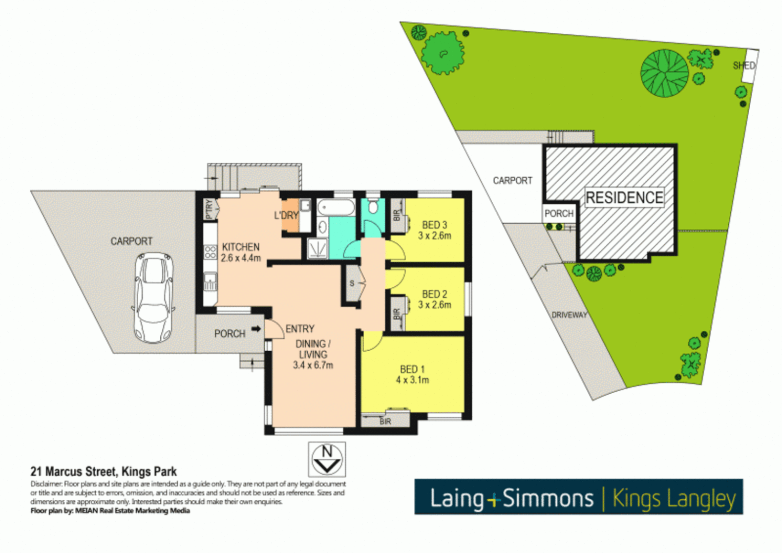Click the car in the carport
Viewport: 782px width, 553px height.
[154, 297]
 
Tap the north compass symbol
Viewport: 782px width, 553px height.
[327, 459]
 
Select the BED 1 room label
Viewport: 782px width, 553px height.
[412, 369]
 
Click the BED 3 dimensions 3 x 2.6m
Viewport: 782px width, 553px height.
[435, 236]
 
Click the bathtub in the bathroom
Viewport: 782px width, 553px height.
[336, 208]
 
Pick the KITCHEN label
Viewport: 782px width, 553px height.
[240, 247]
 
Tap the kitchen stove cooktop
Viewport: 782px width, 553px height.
[210, 251]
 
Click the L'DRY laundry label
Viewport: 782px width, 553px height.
[286, 216]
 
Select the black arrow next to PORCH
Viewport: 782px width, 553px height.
[256, 329]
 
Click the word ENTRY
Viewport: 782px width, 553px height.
[300, 329]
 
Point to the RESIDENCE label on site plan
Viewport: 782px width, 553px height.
[624, 198]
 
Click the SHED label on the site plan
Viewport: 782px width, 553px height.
[744, 66]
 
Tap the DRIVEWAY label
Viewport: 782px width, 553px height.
[569, 315]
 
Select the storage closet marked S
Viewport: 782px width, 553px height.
[352, 283]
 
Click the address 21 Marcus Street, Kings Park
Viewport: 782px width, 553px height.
[104, 472]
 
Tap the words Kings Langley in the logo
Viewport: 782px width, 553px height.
[674, 498]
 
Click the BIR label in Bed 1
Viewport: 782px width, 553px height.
[385, 421]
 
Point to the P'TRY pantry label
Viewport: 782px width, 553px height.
[209, 209]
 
